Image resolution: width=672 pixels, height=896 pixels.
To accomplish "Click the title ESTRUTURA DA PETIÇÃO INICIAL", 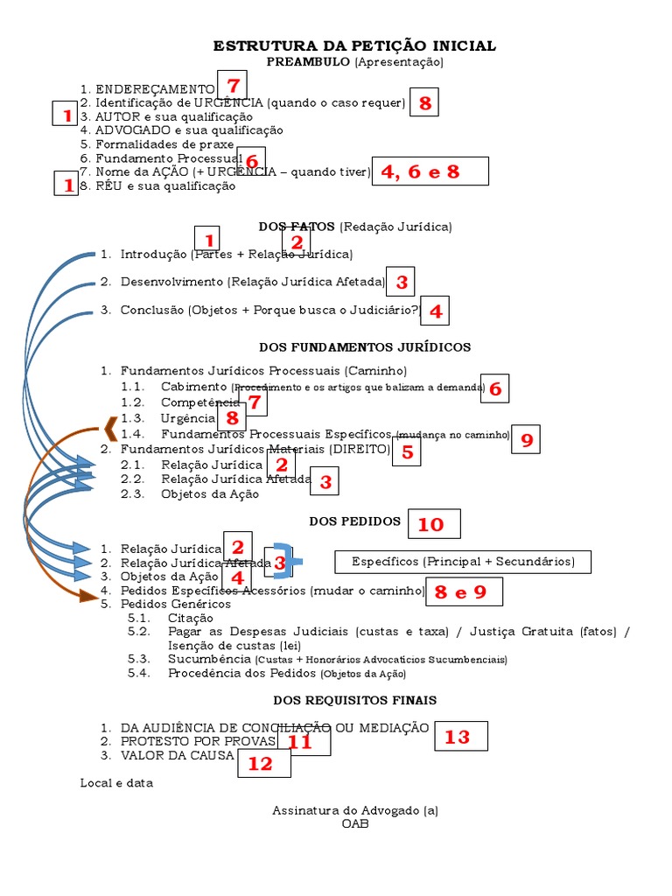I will click(355, 45).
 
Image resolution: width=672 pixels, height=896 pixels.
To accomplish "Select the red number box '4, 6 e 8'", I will click(429, 171).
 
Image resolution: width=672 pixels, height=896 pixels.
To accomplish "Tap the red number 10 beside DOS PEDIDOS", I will click(430, 524).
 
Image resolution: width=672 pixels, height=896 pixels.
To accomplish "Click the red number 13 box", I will click(460, 738).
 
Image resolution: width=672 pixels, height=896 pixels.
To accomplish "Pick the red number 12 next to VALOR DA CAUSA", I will click(261, 763).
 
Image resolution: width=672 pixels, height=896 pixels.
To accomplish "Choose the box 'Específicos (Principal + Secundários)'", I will click(463, 561).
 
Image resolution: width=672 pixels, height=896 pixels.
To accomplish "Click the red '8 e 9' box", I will click(464, 592).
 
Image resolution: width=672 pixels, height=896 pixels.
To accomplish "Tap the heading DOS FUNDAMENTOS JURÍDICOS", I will click(365, 347).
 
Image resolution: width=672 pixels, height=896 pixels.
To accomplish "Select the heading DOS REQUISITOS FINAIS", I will click(355, 700).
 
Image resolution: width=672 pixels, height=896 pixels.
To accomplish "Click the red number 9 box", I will click(527, 440).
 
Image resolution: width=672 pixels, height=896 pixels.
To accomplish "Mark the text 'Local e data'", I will click(116, 783).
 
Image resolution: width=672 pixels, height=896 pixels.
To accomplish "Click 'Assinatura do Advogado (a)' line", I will click(355, 810).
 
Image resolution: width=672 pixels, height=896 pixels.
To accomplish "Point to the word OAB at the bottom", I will click(355, 823).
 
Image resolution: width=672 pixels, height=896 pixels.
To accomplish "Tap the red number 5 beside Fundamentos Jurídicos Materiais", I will click(407, 451).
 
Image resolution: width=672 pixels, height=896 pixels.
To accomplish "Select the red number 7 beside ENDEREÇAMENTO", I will click(232, 86).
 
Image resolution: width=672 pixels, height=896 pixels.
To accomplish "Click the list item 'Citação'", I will click(190, 618).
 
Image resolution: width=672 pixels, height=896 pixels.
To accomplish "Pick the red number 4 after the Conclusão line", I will click(435, 311).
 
